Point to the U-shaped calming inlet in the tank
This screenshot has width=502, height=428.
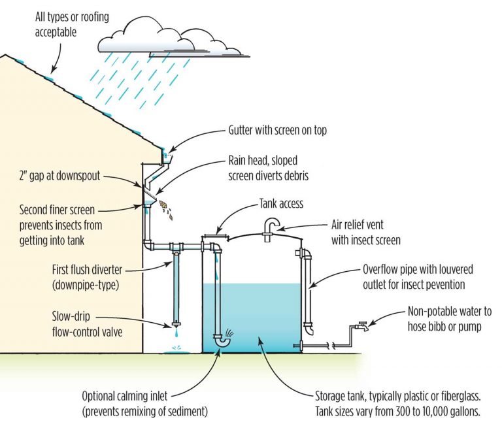(x=223, y=339)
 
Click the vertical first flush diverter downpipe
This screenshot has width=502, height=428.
(x=175, y=288)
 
